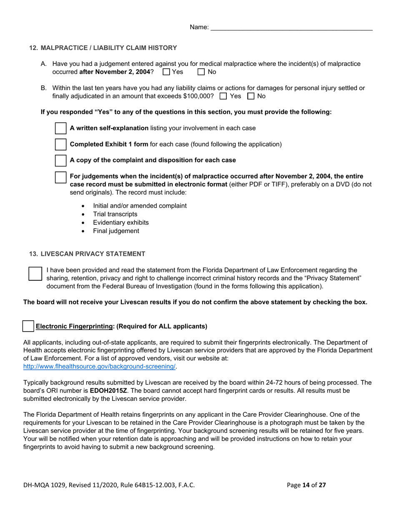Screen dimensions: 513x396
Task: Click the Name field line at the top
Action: (x=291, y=28)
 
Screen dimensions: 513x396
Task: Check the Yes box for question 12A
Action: (x=166, y=72)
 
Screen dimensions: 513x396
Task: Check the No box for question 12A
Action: (x=201, y=72)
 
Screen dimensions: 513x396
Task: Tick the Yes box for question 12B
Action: (x=223, y=96)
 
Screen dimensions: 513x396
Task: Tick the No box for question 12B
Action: (x=251, y=96)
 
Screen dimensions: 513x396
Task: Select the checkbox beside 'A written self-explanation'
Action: (x=61, y=128)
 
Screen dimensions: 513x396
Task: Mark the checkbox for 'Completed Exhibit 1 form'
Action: (x=61, y=144)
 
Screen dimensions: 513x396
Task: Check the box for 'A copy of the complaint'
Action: (x=61, y=160)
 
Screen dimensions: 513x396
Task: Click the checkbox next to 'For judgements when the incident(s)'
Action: (x=61, y=177)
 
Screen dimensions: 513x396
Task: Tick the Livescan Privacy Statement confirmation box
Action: (x=35, y=274)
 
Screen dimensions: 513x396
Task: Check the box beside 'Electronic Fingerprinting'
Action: (x=28, y=327)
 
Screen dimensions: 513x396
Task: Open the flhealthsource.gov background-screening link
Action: (x=100, y=367)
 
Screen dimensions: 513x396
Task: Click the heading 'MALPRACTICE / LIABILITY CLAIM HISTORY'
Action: (x=108, y=48)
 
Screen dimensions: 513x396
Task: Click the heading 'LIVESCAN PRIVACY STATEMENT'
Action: (x=93, y=254)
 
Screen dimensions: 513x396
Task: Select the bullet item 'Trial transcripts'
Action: (x=115, y=214)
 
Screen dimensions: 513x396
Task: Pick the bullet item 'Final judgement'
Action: (x=116, y=231)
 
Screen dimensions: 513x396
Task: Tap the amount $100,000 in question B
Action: (x=198, y=96)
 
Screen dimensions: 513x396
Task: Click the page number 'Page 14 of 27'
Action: (x=306, y=485)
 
